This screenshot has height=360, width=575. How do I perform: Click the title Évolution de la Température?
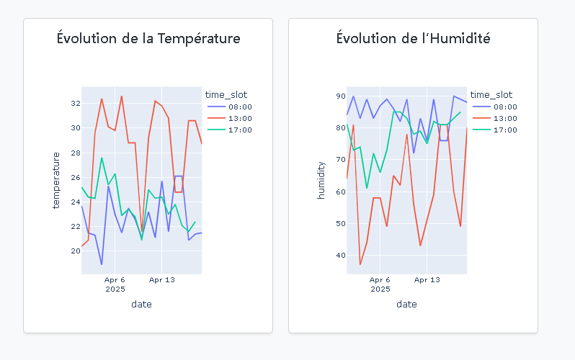click(148, 38)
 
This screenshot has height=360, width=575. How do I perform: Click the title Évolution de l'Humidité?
click(414, 38)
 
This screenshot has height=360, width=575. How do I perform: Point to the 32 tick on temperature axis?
click(74, 104)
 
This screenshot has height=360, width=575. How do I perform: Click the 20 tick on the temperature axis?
click(74, 251)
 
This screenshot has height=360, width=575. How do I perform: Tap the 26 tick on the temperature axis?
click(74, 177)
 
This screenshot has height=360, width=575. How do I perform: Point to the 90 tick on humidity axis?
click(339, 96)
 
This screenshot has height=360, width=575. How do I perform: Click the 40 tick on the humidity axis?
click(339, 255)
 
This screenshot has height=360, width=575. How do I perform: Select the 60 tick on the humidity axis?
click(339, 192)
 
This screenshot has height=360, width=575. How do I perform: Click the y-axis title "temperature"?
click(56, 180)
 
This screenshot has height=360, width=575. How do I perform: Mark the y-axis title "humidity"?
click(321, 180)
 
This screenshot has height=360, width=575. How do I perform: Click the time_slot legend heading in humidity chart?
click(491, 94)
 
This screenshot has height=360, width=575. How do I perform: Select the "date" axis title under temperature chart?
click(141, 304)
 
